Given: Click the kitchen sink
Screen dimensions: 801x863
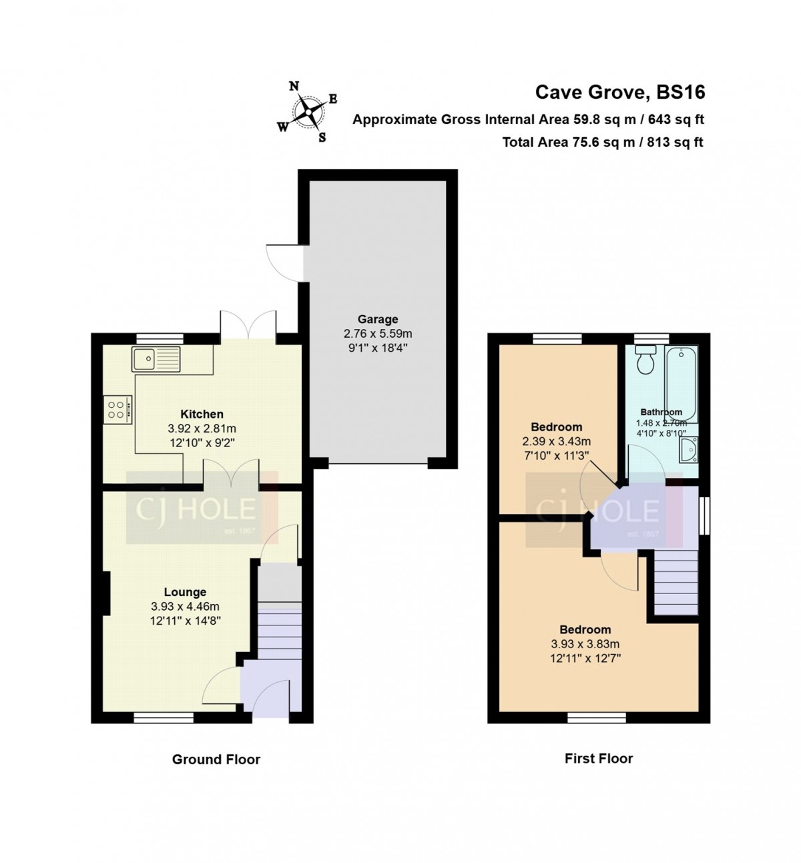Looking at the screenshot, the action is tap(156, 359).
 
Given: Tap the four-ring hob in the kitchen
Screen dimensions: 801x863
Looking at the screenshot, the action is tap(117, 409).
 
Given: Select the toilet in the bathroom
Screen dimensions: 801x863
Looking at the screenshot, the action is tap(645, 359).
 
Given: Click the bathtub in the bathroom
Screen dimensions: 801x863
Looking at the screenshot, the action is tap(681, 384).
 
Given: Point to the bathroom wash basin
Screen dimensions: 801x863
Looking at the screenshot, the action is tap(689, 449).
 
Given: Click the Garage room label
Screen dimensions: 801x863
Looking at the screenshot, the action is tap(378, 320).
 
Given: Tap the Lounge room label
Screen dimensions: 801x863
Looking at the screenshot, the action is tap(185, 592).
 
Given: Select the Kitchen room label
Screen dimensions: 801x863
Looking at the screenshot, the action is tap(202, 414).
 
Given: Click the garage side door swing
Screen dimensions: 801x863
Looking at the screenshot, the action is tap(284, 264).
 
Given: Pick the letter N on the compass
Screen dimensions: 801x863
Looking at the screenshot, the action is tap(294, 86).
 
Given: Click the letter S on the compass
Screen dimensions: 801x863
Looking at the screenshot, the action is tap(322, 137).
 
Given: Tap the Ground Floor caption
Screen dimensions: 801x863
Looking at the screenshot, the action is tap(216, 759).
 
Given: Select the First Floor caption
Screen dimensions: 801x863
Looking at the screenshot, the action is tap(599, 758).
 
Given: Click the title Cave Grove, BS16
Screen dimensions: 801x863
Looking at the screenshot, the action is tap(619, 92).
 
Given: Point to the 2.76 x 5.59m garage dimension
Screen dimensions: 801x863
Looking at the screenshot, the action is tap(378, 334).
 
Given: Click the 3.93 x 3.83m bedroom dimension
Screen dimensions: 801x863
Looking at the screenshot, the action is tap(585, 643).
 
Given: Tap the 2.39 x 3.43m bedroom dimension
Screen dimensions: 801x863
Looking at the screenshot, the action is tap(556, 441).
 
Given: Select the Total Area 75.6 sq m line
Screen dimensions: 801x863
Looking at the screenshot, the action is tap(603, 142).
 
